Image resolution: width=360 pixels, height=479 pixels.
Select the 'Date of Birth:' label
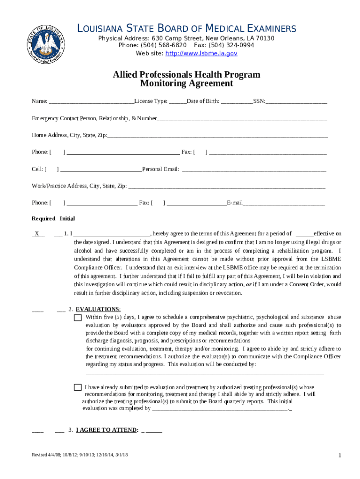coord(203,101)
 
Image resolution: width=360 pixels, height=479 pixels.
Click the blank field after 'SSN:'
coord(296,102)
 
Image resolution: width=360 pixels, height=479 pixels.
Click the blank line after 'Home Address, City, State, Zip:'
coord(217,136)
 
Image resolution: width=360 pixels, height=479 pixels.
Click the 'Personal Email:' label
coord(160,169)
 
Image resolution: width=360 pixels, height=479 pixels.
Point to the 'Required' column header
coord(43,218)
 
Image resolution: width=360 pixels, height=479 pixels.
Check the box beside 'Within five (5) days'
coord(78,318)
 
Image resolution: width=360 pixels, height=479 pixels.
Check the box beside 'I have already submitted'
coord(78,387)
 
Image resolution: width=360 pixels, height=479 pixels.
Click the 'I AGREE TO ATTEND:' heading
coord(107,430)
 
